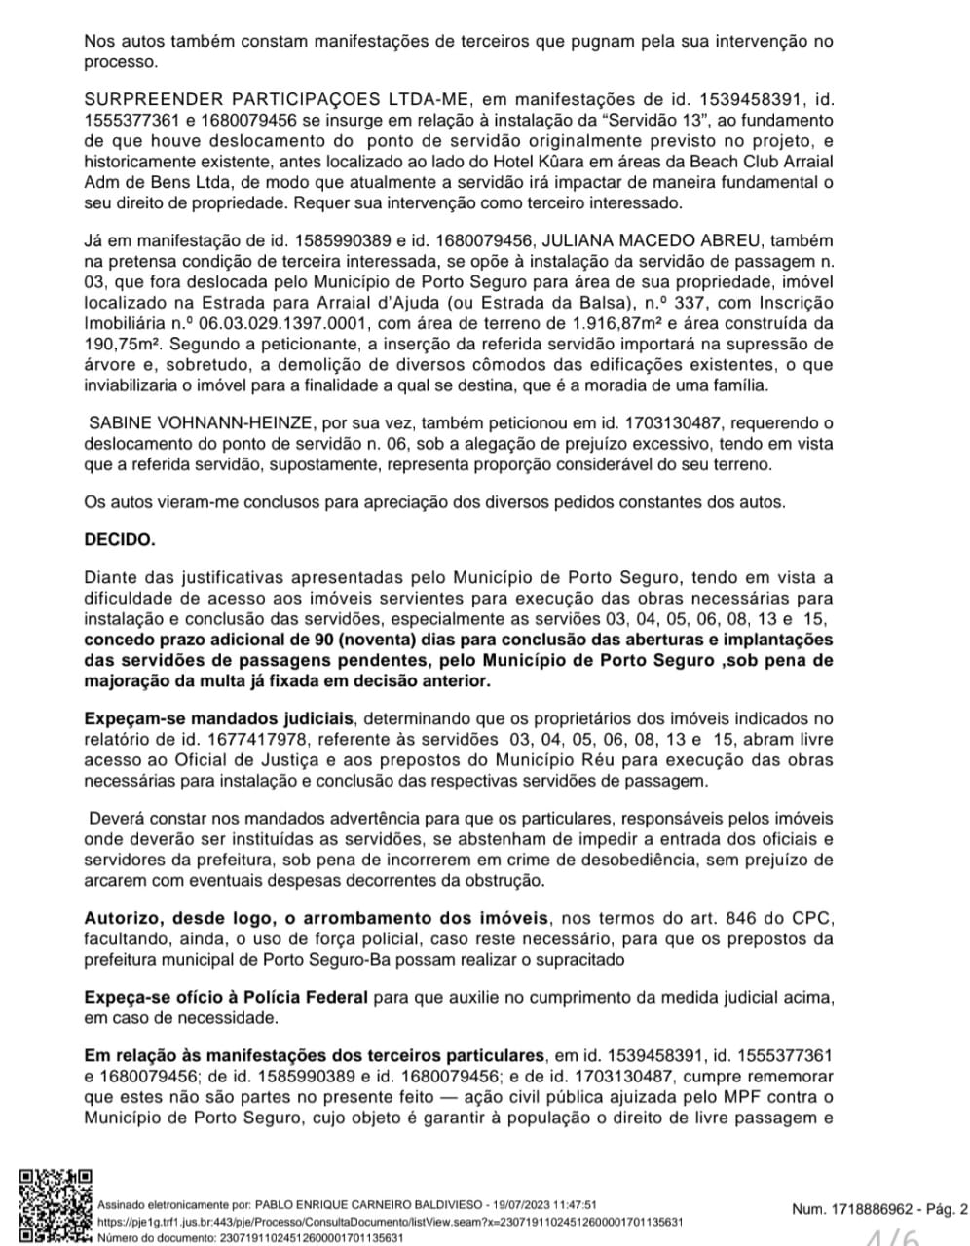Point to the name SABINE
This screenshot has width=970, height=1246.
click(120, 423)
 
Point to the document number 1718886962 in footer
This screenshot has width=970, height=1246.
click(869, 1209)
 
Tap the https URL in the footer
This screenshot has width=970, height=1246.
click(389, 1221)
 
